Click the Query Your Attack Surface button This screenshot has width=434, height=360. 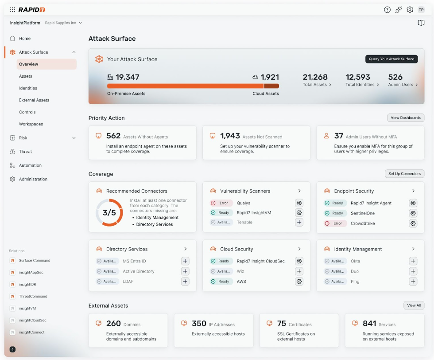[x=391, y=59]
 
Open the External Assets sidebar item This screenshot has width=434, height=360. [x=34, y=100]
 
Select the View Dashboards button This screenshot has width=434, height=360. [x=405, y=118]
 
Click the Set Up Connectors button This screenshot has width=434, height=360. [x=404, y=174]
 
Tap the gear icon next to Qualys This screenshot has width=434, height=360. [x=299, y=203]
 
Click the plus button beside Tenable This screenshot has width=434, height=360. [x=299, y=222]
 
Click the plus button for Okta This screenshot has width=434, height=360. [x=413, y=261]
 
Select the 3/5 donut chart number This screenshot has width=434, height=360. [x=109, y=213]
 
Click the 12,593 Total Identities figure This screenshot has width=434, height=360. [x=358, y=77]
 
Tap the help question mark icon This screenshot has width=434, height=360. [x=387, y=10]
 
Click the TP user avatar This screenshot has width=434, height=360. [x=421, y=10]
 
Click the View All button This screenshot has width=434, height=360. [x=414, y=305]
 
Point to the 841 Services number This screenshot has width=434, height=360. [x=369, y=324]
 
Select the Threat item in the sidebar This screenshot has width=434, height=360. [x=25, y=152]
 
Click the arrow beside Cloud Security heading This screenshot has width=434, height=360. [x=299, y=249]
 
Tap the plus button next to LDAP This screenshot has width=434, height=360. [x=185, y=282]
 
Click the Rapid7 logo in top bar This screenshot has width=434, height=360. [x=31, y=10]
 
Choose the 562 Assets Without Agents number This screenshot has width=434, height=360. [x=113, y=136]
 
